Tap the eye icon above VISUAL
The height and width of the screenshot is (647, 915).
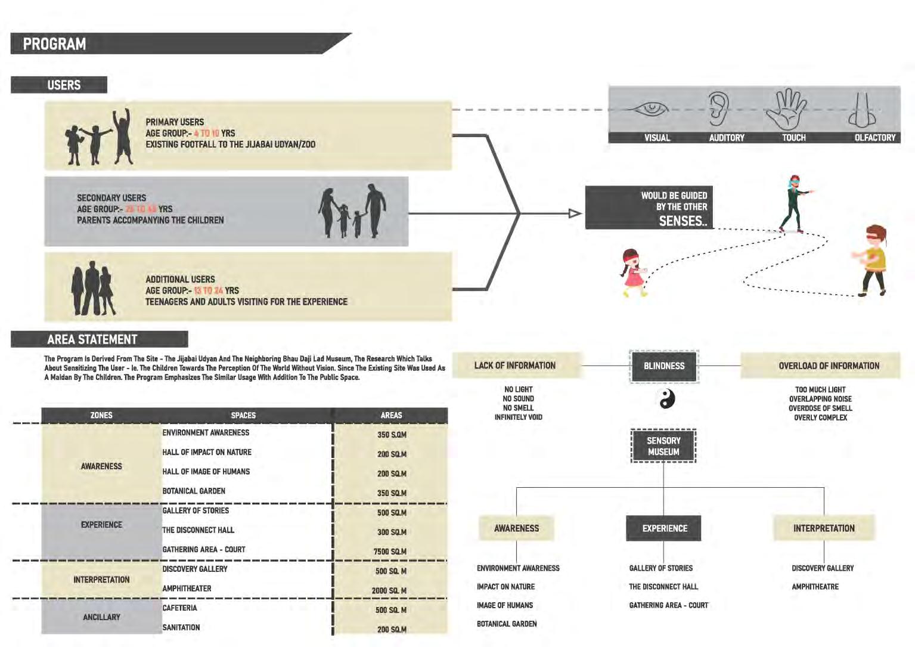coord(652,109)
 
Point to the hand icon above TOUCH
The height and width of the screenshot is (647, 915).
coord(787,109)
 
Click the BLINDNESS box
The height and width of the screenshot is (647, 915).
coord(664,366)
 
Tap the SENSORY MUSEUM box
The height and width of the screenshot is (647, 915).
coord(663,446)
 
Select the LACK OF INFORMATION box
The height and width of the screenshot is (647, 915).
coord(515,366)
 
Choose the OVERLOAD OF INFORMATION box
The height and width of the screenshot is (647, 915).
coord(829,366)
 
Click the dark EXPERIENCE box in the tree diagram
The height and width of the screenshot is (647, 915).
coord(664,528)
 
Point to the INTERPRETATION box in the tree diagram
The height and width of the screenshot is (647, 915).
coord(824,528)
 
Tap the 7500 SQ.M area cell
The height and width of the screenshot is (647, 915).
coord(390,552)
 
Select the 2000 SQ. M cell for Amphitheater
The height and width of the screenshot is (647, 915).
coord(389,590)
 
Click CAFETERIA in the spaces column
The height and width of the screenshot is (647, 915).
coord(179,608)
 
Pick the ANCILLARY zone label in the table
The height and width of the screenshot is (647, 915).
coord(101,617)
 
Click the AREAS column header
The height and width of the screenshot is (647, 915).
coord(391,415)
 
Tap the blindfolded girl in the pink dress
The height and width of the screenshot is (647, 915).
coord(633,273)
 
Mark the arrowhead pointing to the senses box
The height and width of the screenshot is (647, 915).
coord(575,213)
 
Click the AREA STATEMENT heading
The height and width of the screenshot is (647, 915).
coord(92,339)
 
